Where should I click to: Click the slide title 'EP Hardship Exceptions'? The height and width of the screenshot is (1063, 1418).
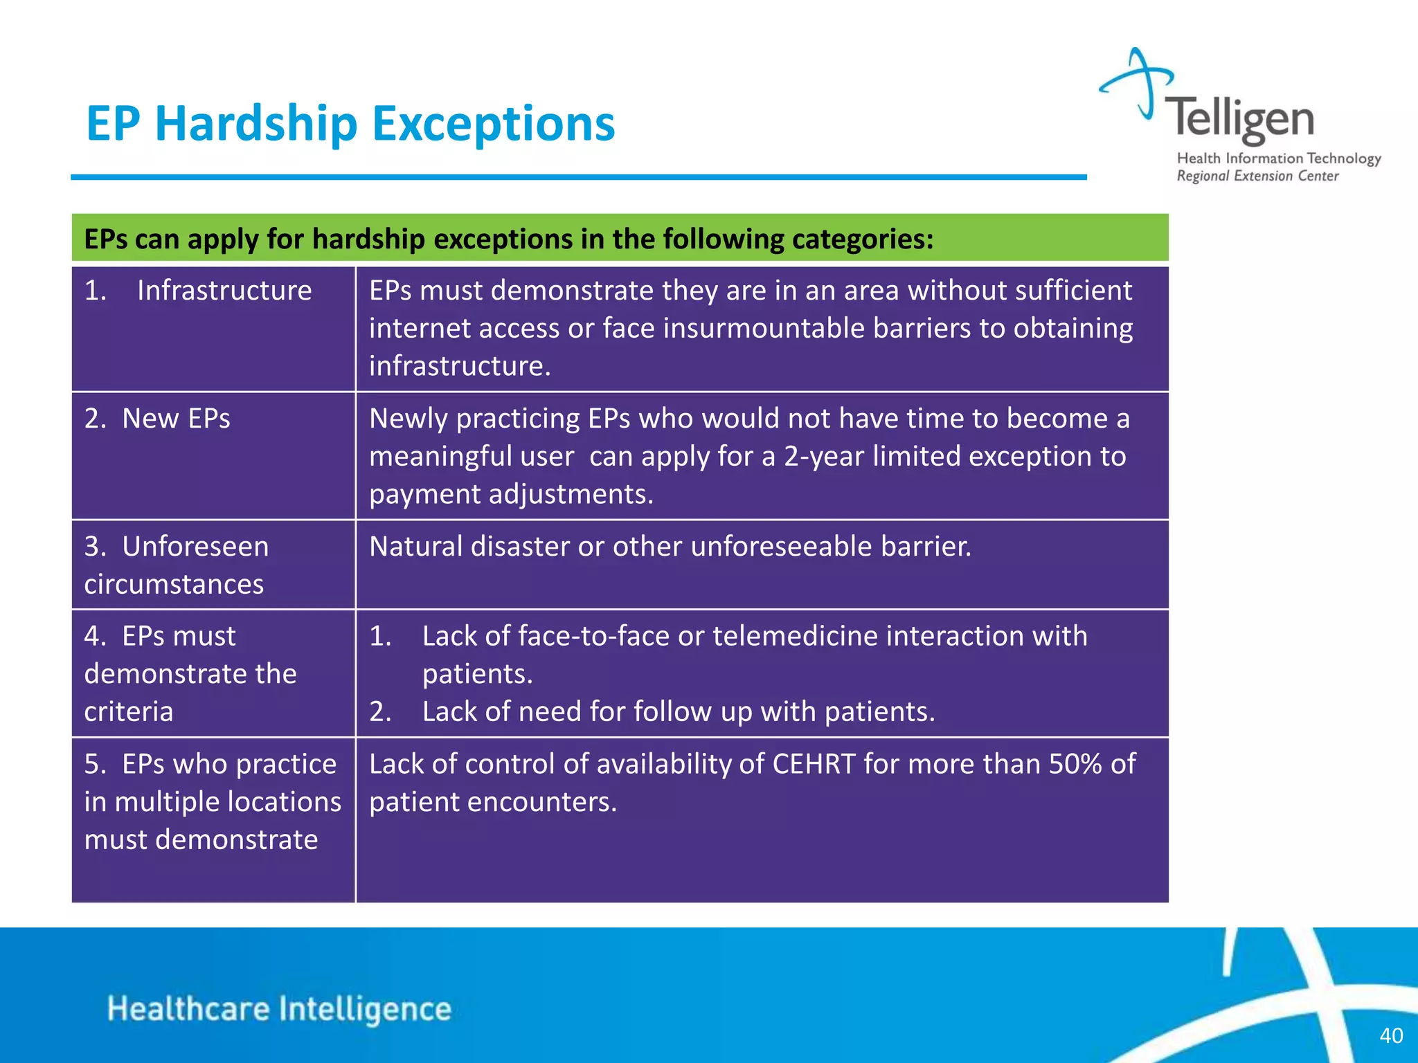point(350,124)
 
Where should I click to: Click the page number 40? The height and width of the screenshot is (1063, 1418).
point(1391,1035)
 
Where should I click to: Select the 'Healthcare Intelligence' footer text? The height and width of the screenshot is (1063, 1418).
point(279,1008)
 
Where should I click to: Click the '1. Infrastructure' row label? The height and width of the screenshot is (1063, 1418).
point(198,291)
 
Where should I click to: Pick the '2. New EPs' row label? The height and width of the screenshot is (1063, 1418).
point(157,419)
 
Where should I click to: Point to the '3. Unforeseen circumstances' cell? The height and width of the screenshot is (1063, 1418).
point(177,565)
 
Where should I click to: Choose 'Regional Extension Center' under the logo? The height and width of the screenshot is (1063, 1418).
point(1257,176)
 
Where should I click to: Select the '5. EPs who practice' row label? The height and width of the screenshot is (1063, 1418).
point(210,764)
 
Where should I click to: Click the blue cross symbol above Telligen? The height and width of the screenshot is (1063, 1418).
point(1139,82)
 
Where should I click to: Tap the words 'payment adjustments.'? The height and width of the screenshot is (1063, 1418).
point(511,494)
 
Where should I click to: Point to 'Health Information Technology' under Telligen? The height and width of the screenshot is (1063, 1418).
point(1279,158)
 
